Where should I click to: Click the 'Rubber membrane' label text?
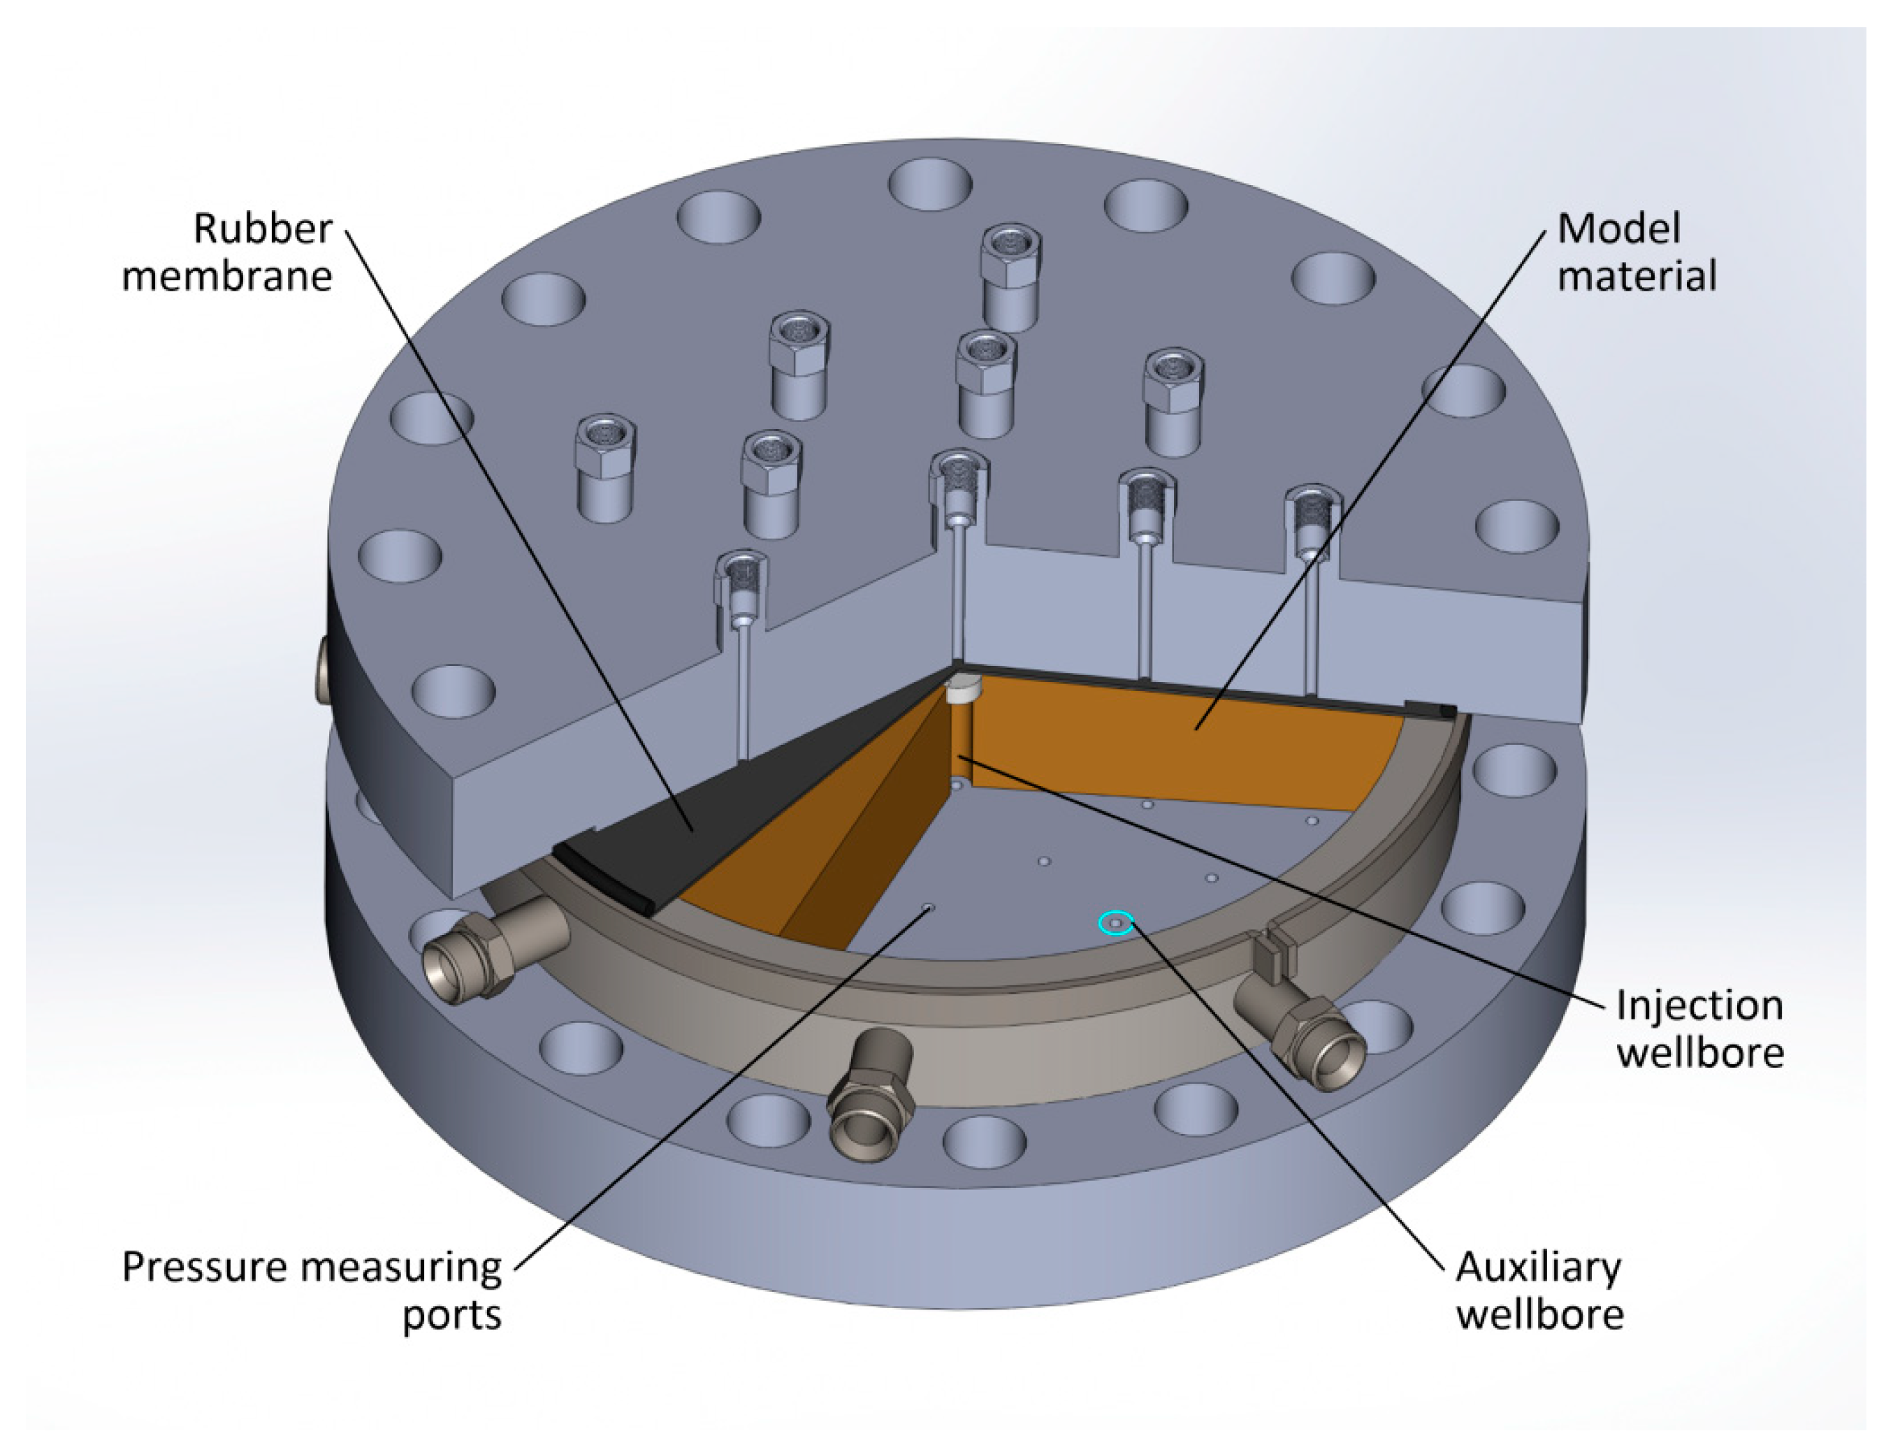227,252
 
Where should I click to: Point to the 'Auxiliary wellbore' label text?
1539,1291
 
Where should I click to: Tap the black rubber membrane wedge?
657,821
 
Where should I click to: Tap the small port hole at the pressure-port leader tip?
929,907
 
